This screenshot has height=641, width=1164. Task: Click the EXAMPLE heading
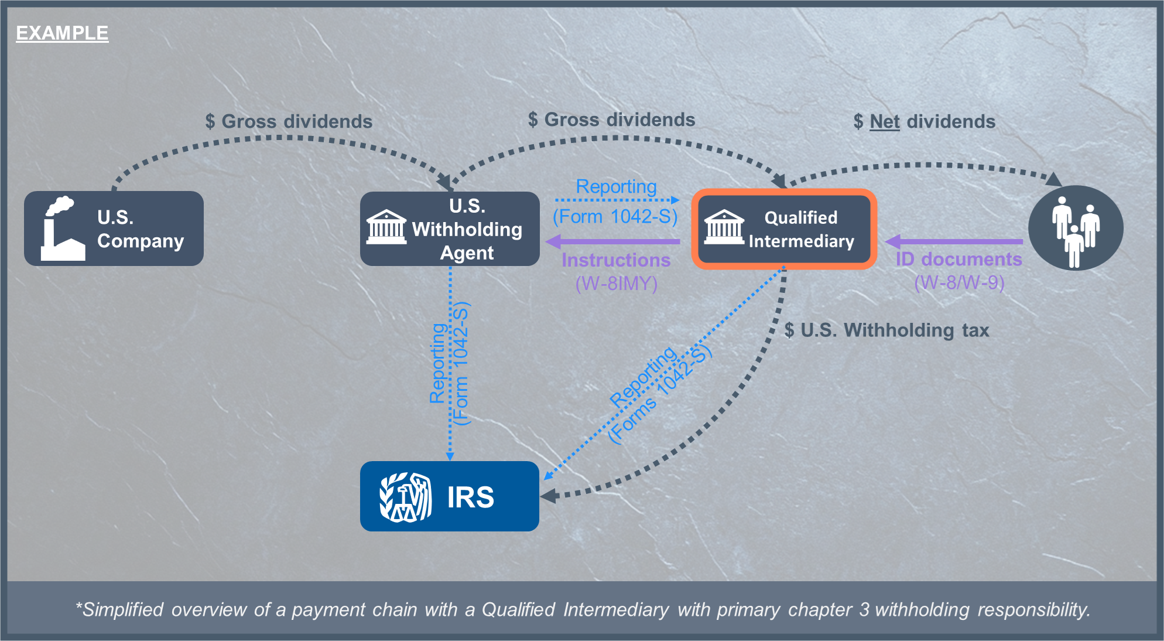62,33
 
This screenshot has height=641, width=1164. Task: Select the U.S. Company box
114,229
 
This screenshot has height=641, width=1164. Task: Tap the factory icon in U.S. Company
61,229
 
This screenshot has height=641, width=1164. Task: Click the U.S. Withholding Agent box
450,229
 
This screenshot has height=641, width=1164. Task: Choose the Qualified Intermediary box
784,229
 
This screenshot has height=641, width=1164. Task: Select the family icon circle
1076,229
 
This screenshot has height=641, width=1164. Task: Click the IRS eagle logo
406,497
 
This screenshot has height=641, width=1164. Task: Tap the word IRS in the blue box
470,497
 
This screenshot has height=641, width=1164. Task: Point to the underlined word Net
884,122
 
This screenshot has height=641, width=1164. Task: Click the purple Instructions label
616,260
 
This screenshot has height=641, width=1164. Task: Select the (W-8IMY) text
616,284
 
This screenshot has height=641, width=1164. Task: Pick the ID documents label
958,259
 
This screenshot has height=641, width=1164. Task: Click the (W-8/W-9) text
959,283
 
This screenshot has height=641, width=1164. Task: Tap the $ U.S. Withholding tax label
886,330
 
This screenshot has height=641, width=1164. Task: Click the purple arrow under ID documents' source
954,241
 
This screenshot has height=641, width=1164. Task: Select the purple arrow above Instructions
612,241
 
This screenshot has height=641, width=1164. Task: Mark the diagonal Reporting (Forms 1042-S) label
659,393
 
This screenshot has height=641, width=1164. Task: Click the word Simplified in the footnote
122,610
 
